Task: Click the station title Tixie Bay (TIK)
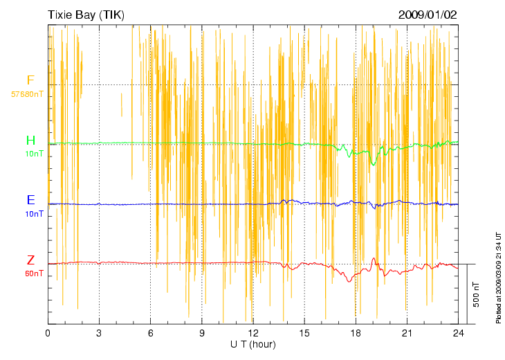[86, 15]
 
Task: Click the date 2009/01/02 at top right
[428, 15]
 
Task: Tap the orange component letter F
[30, 81]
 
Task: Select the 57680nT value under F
[28, 93]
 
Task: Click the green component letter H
[30, 141]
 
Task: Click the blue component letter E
[30, 200]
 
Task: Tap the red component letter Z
[30, 261]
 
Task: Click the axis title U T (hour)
[253, 344]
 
